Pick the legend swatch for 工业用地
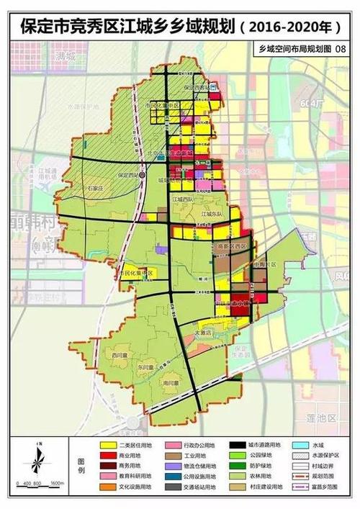click(173, 456)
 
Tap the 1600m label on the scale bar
click(58, 482)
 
